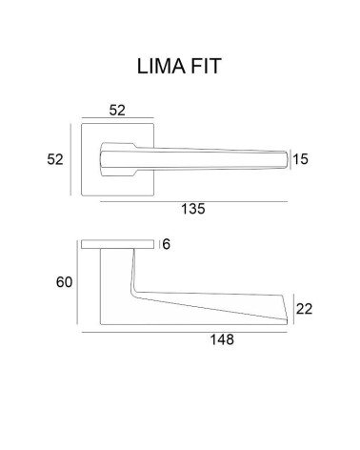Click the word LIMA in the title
coord(161,67)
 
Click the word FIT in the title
coord(206,67)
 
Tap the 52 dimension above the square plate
coord(117,111)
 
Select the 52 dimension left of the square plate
coord(55,159)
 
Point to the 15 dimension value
coord(300,159)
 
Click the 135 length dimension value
coord(193,209)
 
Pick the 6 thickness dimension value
coord(167,244)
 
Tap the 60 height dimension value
coord(64,282)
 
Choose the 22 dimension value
coord(304,309)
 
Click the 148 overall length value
coord(222,339)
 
